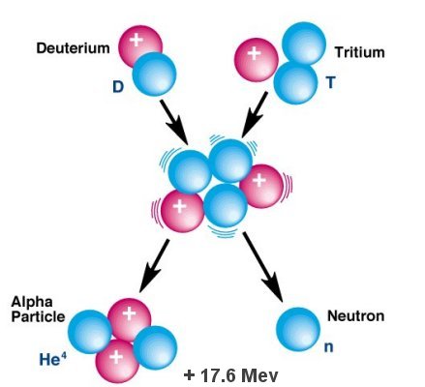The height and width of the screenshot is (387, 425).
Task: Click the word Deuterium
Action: click(73, 48)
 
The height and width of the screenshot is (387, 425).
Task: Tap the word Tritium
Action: click(359, 52)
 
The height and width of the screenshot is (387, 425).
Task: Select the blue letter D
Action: click(118, 87)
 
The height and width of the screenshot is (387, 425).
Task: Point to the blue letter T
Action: click(331, 83)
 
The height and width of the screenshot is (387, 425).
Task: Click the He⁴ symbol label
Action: click(53, 359)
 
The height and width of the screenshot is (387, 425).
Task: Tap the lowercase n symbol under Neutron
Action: click(328, 347)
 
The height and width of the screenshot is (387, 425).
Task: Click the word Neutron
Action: click(356, 315)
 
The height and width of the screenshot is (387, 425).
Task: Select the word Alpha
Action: click(32, 303)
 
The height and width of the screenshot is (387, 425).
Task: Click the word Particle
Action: click(38, 316)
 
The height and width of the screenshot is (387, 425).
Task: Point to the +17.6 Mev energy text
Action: click(230, 375)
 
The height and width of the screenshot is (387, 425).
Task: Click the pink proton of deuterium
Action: click(139, 45)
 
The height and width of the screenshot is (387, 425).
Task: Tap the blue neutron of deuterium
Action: click(154, 74)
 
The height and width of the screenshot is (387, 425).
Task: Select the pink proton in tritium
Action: click(257, 60)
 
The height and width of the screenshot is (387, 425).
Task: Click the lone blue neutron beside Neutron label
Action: click(298, 329)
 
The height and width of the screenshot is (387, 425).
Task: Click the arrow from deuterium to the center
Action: click(174, 122)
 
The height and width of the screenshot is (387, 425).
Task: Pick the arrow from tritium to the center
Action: click(255, 114)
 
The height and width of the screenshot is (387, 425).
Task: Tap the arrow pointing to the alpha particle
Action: click(154, 266)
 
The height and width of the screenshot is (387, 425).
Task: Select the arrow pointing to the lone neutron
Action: click(262, 267)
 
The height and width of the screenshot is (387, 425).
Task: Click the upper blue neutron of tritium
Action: click(304, 44)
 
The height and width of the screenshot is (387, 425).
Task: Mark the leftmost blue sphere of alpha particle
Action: click(90, 332)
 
